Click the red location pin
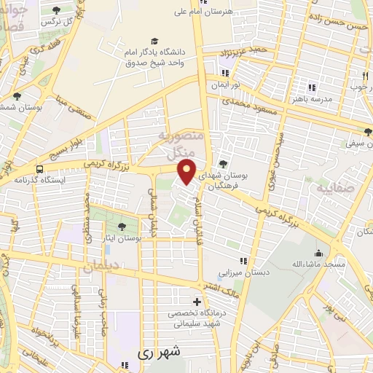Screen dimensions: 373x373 [187, 172]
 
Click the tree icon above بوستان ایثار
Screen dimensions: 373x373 [122, 227]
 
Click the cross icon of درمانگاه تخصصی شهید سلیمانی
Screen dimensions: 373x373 [196, 302]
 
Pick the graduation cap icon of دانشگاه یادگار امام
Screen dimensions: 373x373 [154, 40]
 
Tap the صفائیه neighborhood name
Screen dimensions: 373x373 [337, 187]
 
